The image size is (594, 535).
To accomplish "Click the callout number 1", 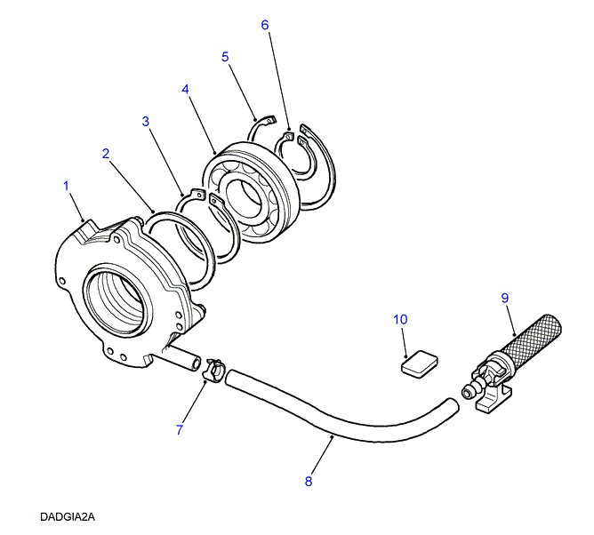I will (66, 185).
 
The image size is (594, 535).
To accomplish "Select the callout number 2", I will (106, 154).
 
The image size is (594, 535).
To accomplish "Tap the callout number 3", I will (145, 121).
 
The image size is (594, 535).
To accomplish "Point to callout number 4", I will (185, 90).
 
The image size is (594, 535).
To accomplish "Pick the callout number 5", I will (225, 57).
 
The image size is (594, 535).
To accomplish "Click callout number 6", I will (264, 25).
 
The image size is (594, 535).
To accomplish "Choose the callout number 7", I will (179, 430).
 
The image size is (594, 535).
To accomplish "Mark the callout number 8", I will (309, 482).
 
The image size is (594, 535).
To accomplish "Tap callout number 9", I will (504, 298).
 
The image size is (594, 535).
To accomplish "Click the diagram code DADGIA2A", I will (67, 515).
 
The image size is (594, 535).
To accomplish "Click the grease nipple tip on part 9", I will (468, 389).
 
